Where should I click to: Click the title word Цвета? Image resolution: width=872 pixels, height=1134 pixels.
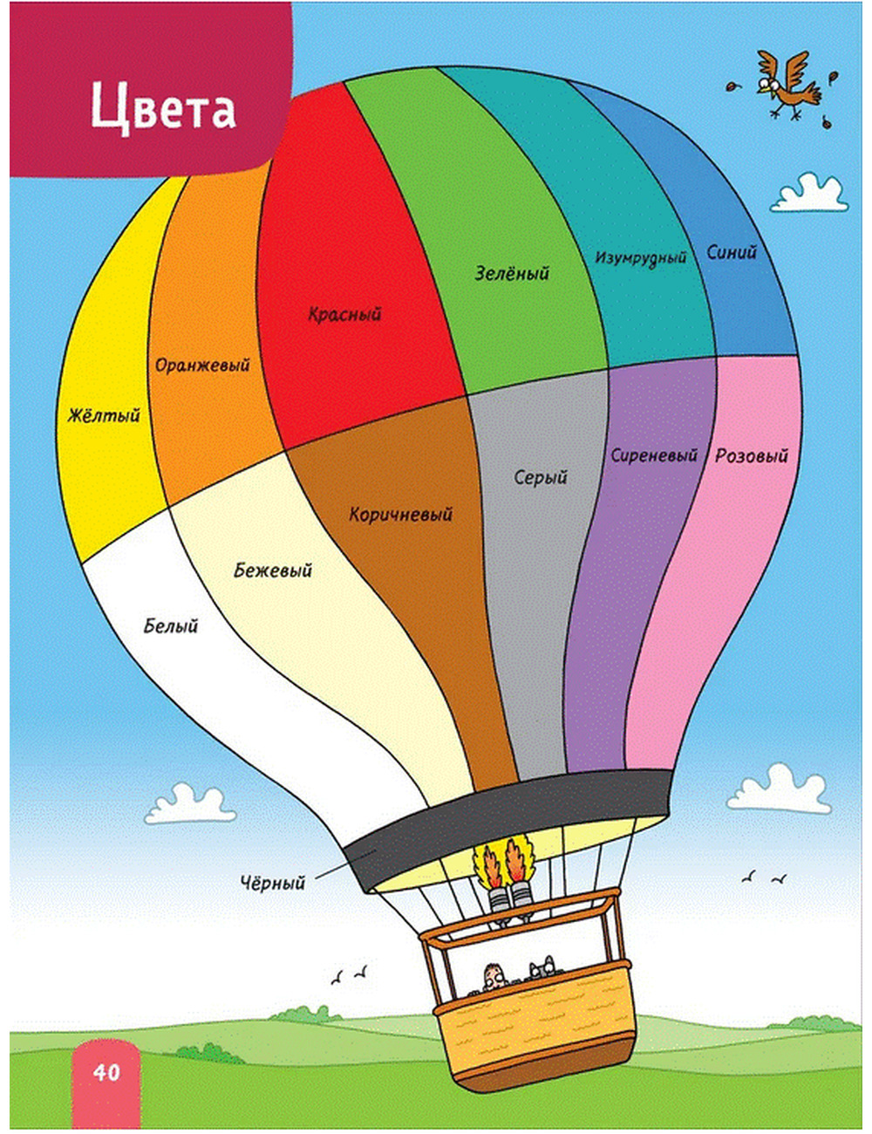click(x=163, y=108)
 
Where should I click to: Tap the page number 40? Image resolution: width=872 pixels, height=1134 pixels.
click(x=106, y=1072)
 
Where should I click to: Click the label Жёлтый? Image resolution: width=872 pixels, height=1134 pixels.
click(x=104, y=415)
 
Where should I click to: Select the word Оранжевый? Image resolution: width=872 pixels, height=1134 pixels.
click(x=202, y=365)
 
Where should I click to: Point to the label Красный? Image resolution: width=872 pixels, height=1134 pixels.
click(x=344, y=315)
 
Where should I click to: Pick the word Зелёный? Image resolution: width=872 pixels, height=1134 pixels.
click(x=512, y=273)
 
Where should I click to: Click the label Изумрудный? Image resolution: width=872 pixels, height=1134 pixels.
click(x=641, y=258)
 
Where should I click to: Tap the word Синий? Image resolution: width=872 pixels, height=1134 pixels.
click(x=732, y=253)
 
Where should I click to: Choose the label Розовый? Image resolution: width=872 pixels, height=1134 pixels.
click(x=752, y=455)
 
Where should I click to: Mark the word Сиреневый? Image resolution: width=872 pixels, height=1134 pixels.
click(x=654, y=455)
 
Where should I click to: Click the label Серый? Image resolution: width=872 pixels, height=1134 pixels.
click(x=541, y=477)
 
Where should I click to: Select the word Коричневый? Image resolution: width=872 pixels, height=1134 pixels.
click(x=401, y=514)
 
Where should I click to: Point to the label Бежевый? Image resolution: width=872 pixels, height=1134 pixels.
click(x=273, y=570)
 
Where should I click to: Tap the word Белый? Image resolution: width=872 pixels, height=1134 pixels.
click(x=171, y=625)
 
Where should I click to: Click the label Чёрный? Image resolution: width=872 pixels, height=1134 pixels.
click(x=273, y=883)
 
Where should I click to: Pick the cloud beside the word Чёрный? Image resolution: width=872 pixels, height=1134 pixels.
click(x=190, y=803)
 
